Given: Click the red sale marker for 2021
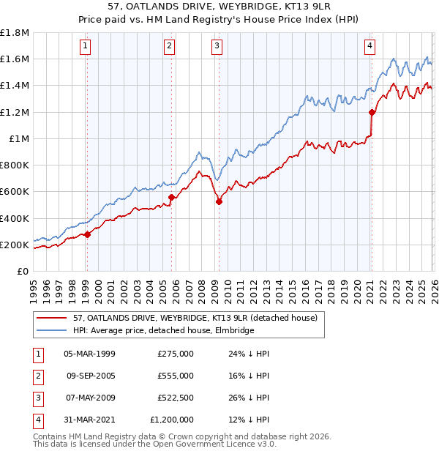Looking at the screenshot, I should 372,112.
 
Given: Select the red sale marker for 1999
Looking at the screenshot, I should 87,234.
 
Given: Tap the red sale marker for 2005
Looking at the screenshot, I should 171,197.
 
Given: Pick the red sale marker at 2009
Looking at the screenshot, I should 219,201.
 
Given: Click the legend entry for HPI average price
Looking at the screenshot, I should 163,331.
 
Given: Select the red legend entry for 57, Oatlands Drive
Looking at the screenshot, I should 195,319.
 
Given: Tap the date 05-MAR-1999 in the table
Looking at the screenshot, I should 90,354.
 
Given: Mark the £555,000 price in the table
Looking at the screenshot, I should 176,376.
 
